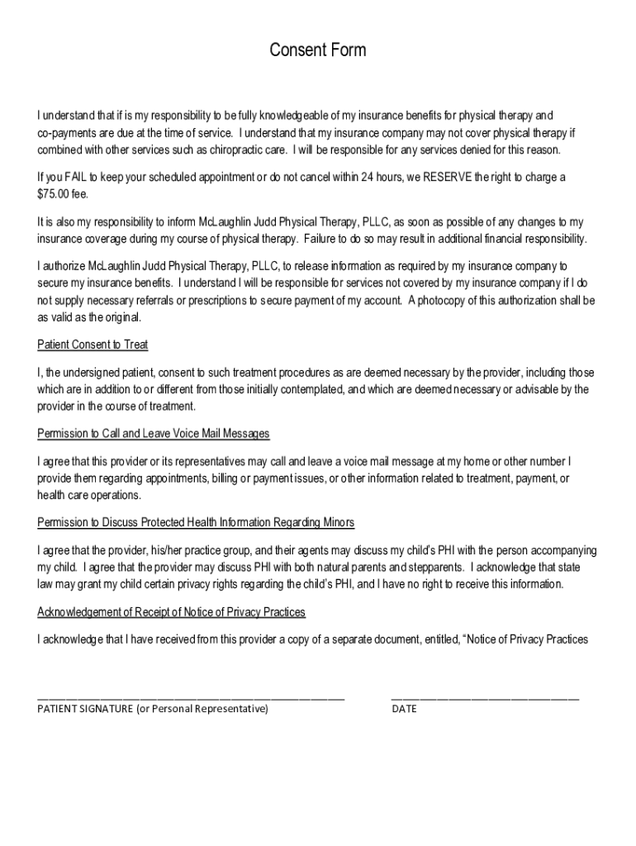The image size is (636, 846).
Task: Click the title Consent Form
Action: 317,51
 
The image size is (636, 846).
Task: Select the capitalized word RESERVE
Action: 448,178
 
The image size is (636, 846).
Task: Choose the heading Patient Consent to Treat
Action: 93,345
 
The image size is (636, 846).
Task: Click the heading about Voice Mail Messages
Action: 154,434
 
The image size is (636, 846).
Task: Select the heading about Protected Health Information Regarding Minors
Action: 196,523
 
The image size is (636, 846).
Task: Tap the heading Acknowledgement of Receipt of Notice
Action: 172,612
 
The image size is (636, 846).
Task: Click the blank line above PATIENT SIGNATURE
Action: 191,699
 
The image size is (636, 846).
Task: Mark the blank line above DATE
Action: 485,699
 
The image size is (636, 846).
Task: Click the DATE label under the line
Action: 404,709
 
